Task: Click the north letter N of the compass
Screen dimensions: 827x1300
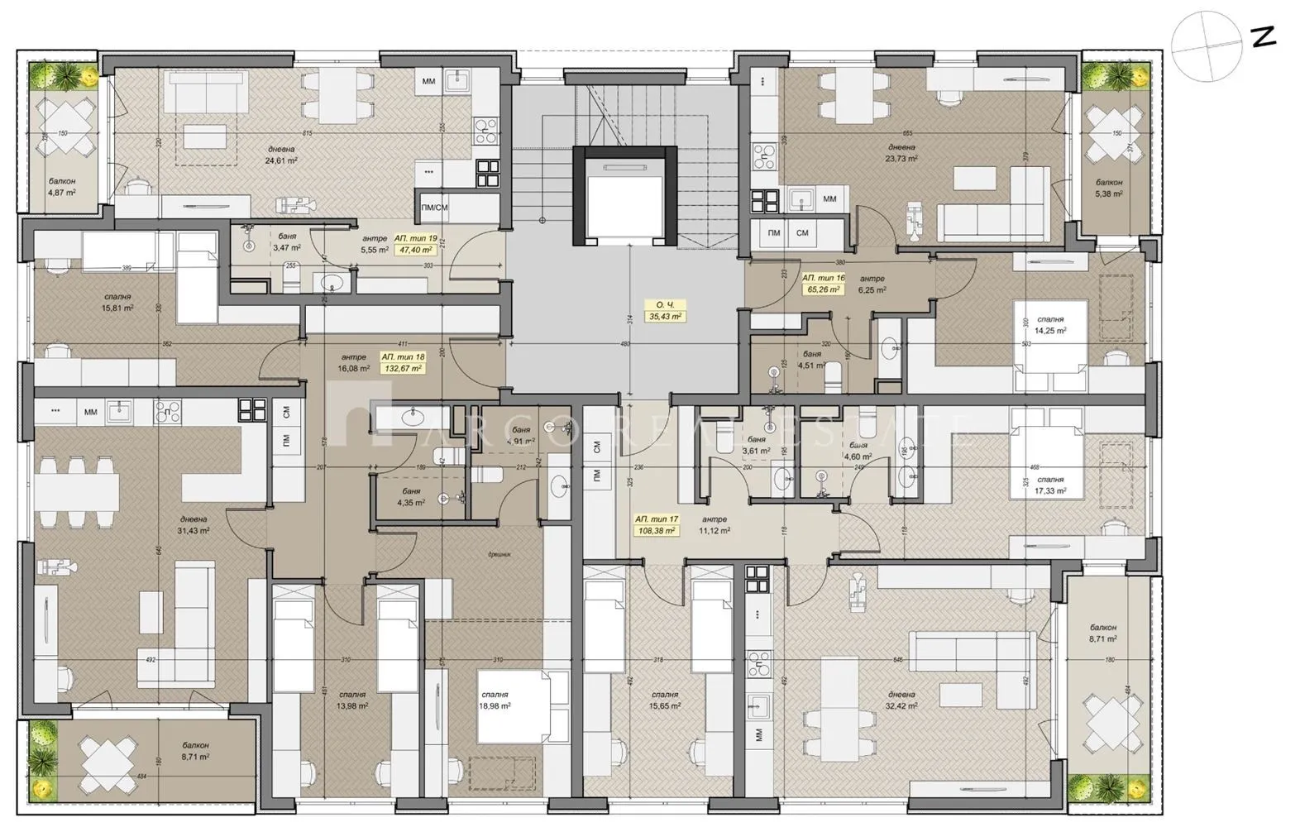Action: tap(1263, 37)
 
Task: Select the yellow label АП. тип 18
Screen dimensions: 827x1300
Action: tap(402, 362)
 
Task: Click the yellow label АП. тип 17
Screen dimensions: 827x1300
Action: tap(657, 525)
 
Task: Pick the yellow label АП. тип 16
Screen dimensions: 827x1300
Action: tap(823, 284)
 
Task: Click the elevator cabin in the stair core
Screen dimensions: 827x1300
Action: tap(625, 196)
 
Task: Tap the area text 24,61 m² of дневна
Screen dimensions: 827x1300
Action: tap(281, 160)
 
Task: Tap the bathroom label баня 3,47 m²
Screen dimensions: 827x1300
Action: tap(287, 241)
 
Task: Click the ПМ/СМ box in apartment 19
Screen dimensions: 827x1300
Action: tap(434, 208)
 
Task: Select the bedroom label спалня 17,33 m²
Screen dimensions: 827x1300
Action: tap(1049, 485)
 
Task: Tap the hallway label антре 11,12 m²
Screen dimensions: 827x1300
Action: tap(713, 526)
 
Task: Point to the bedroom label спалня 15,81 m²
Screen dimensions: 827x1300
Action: tap(117, 302)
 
